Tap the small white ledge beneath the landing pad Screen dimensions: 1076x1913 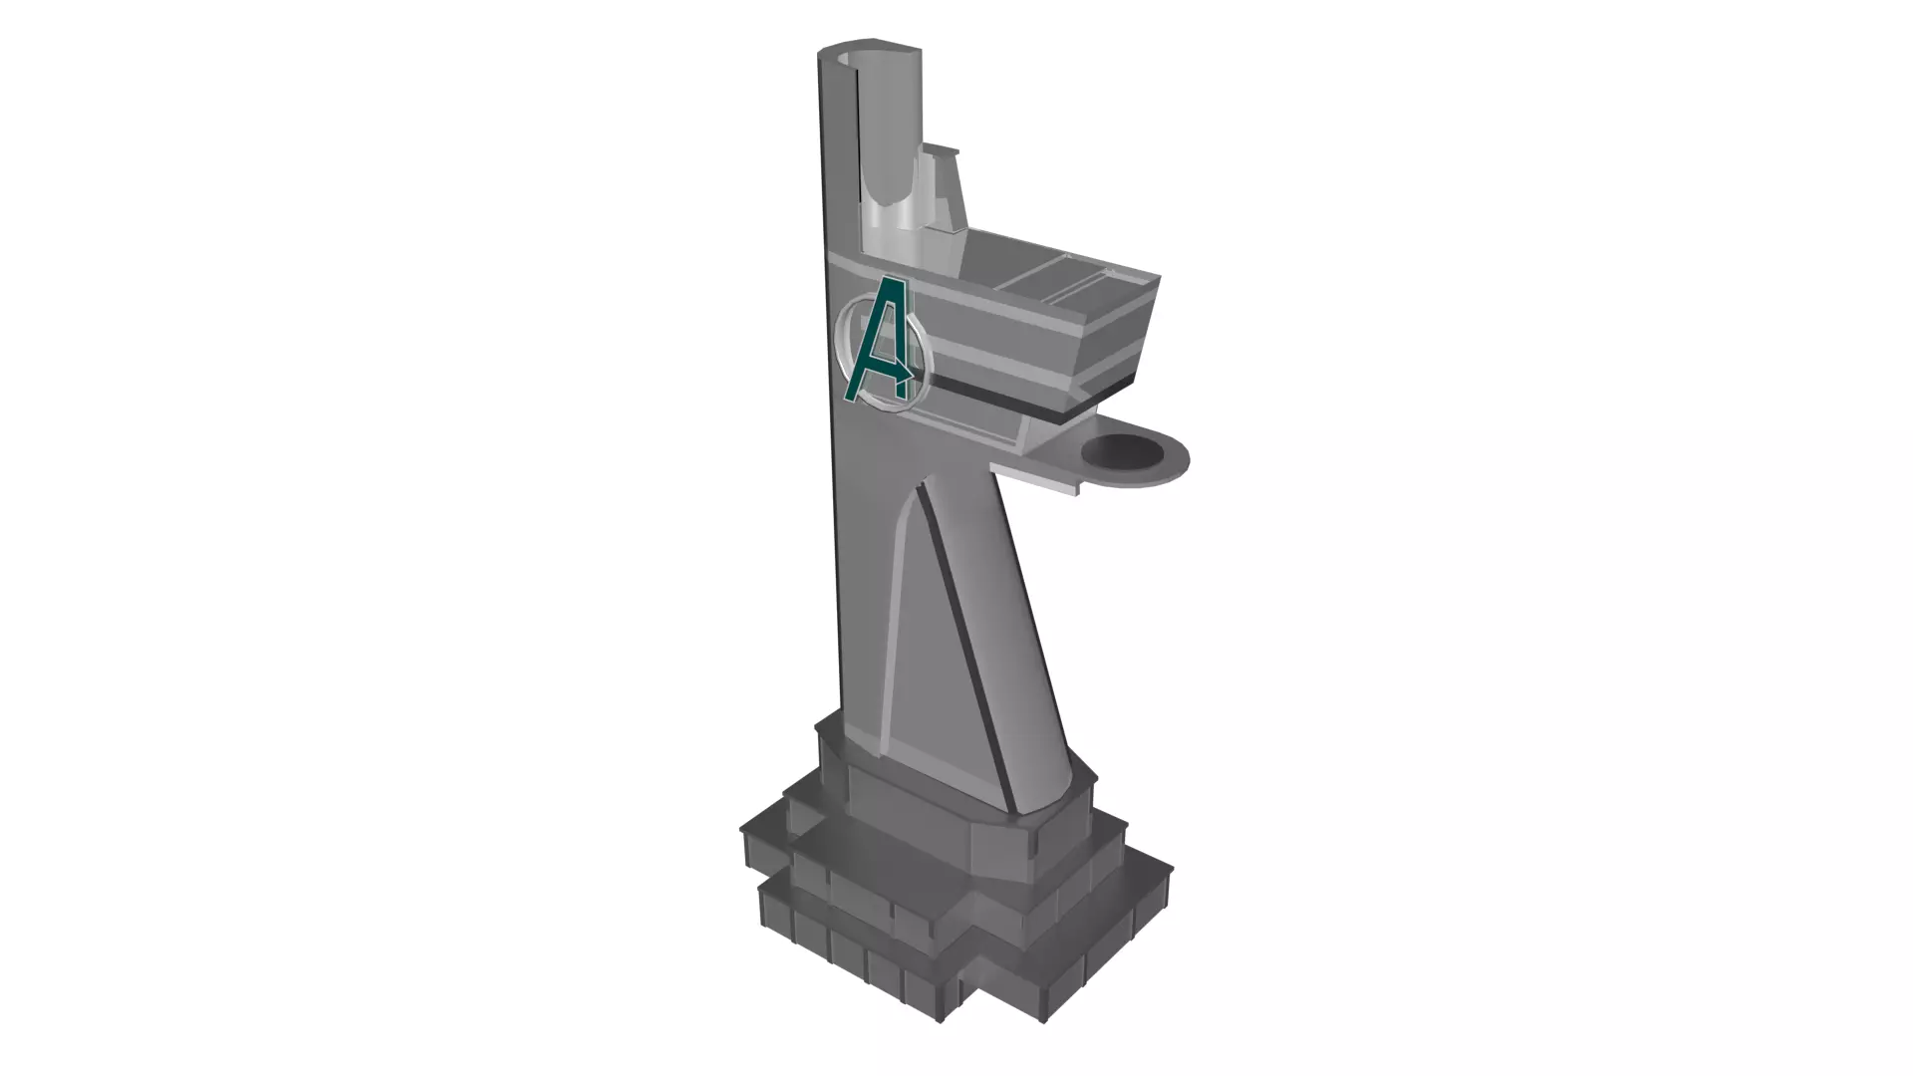tap(1036, 482)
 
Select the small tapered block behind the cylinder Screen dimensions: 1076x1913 tap(947, 189)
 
